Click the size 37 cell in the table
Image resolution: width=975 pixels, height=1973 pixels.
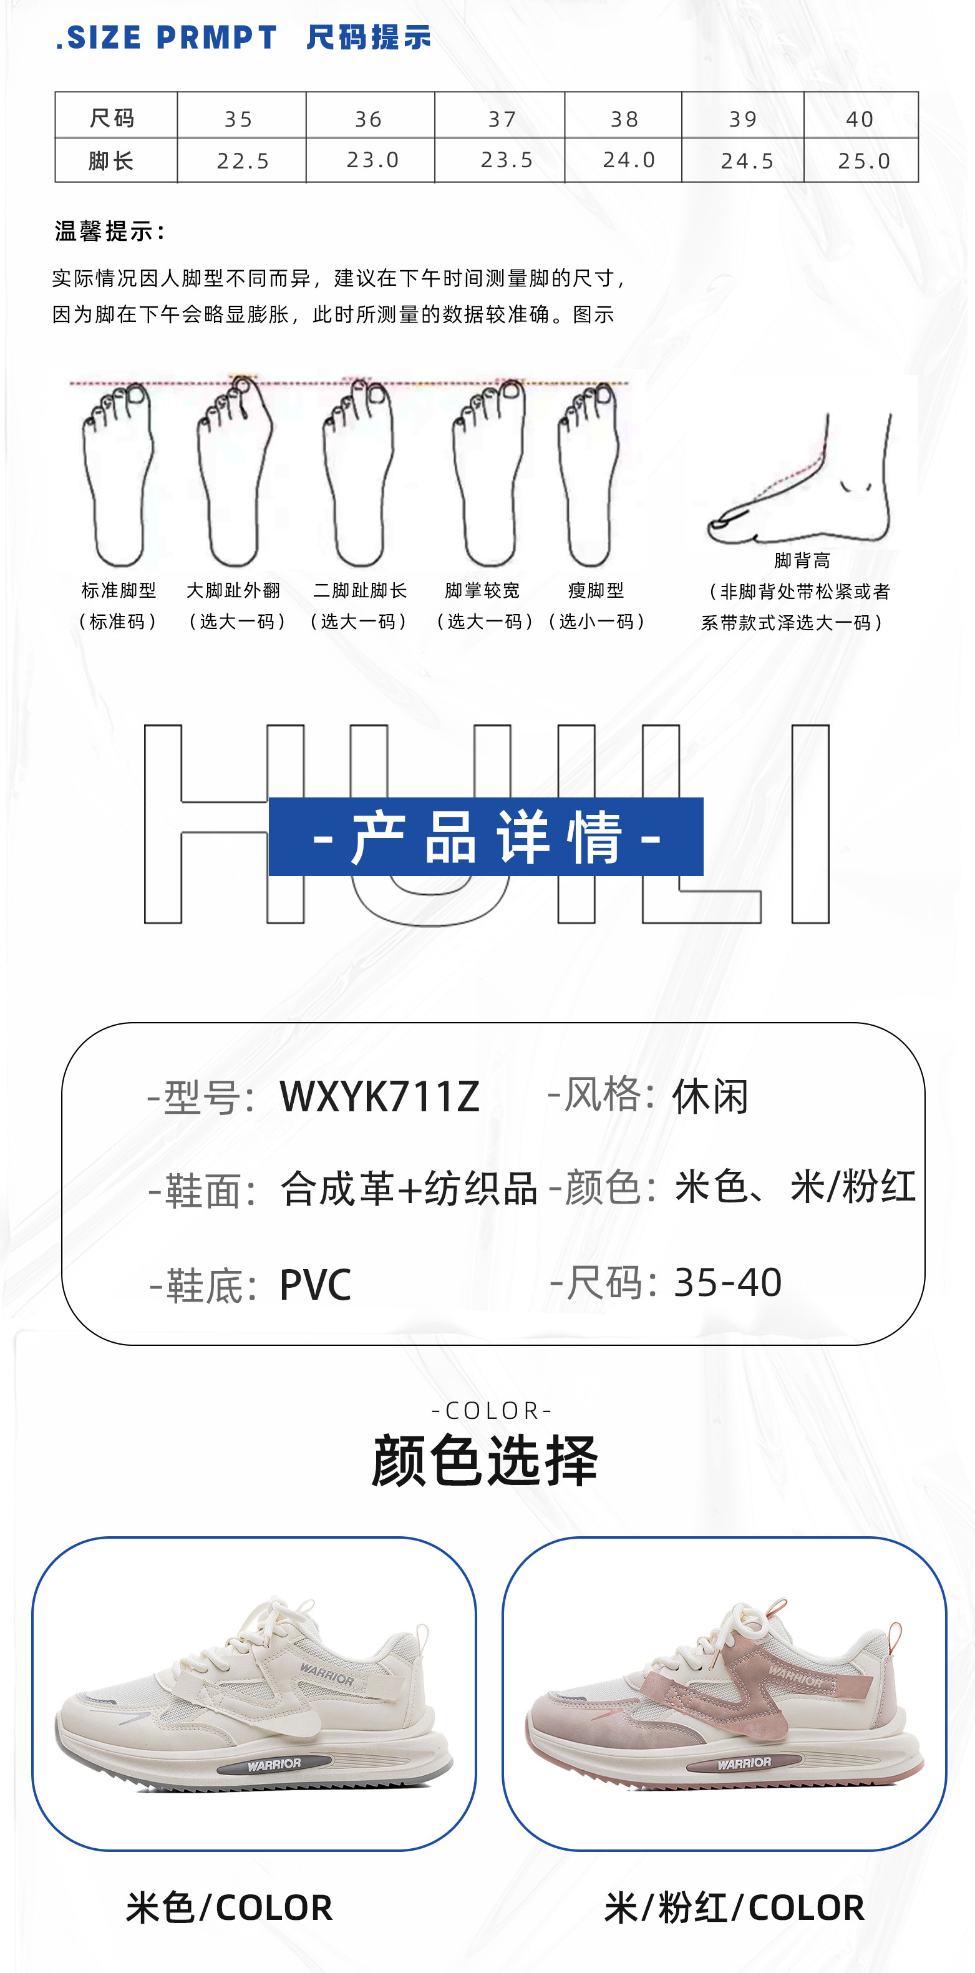point(502,119)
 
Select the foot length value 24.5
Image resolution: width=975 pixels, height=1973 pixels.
point(747,161)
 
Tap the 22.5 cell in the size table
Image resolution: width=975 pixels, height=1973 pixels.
point(243,161)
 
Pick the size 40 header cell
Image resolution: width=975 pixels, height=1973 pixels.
point(860,119)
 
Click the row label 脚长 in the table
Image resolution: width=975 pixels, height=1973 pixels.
point(112,161)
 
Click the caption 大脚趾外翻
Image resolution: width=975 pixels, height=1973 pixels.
point(233,590)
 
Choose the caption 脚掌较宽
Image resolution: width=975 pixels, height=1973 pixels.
point(483,590)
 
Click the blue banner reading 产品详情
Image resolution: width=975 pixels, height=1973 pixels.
point(487,836)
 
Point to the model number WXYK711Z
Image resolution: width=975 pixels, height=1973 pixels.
point(379,1096)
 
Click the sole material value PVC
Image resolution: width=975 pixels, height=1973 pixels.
point(316,1284)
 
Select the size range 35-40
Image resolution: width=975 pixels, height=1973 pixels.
point(727,1282)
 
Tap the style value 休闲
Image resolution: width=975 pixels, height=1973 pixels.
point(710,1096)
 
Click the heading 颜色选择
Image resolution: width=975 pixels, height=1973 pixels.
point(485,1460)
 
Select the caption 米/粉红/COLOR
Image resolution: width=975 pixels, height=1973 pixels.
point(734,1907)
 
